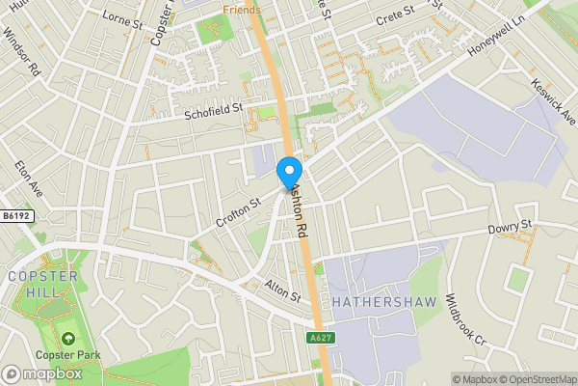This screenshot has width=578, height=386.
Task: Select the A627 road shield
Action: click(x=321, y=338)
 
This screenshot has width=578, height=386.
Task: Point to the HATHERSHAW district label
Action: click(x=384, y=302)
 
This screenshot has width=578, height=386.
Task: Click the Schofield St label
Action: click(x=215, y=113)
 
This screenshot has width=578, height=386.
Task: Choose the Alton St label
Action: click(x=282, y=289)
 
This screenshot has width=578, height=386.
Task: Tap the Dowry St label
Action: click(x=510, y=228)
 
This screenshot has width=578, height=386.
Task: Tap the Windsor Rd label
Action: click(x=21, y=51)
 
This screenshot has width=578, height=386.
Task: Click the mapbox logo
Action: click(x=41, y=373)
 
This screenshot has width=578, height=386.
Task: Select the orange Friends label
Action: click(x=242, y=9)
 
